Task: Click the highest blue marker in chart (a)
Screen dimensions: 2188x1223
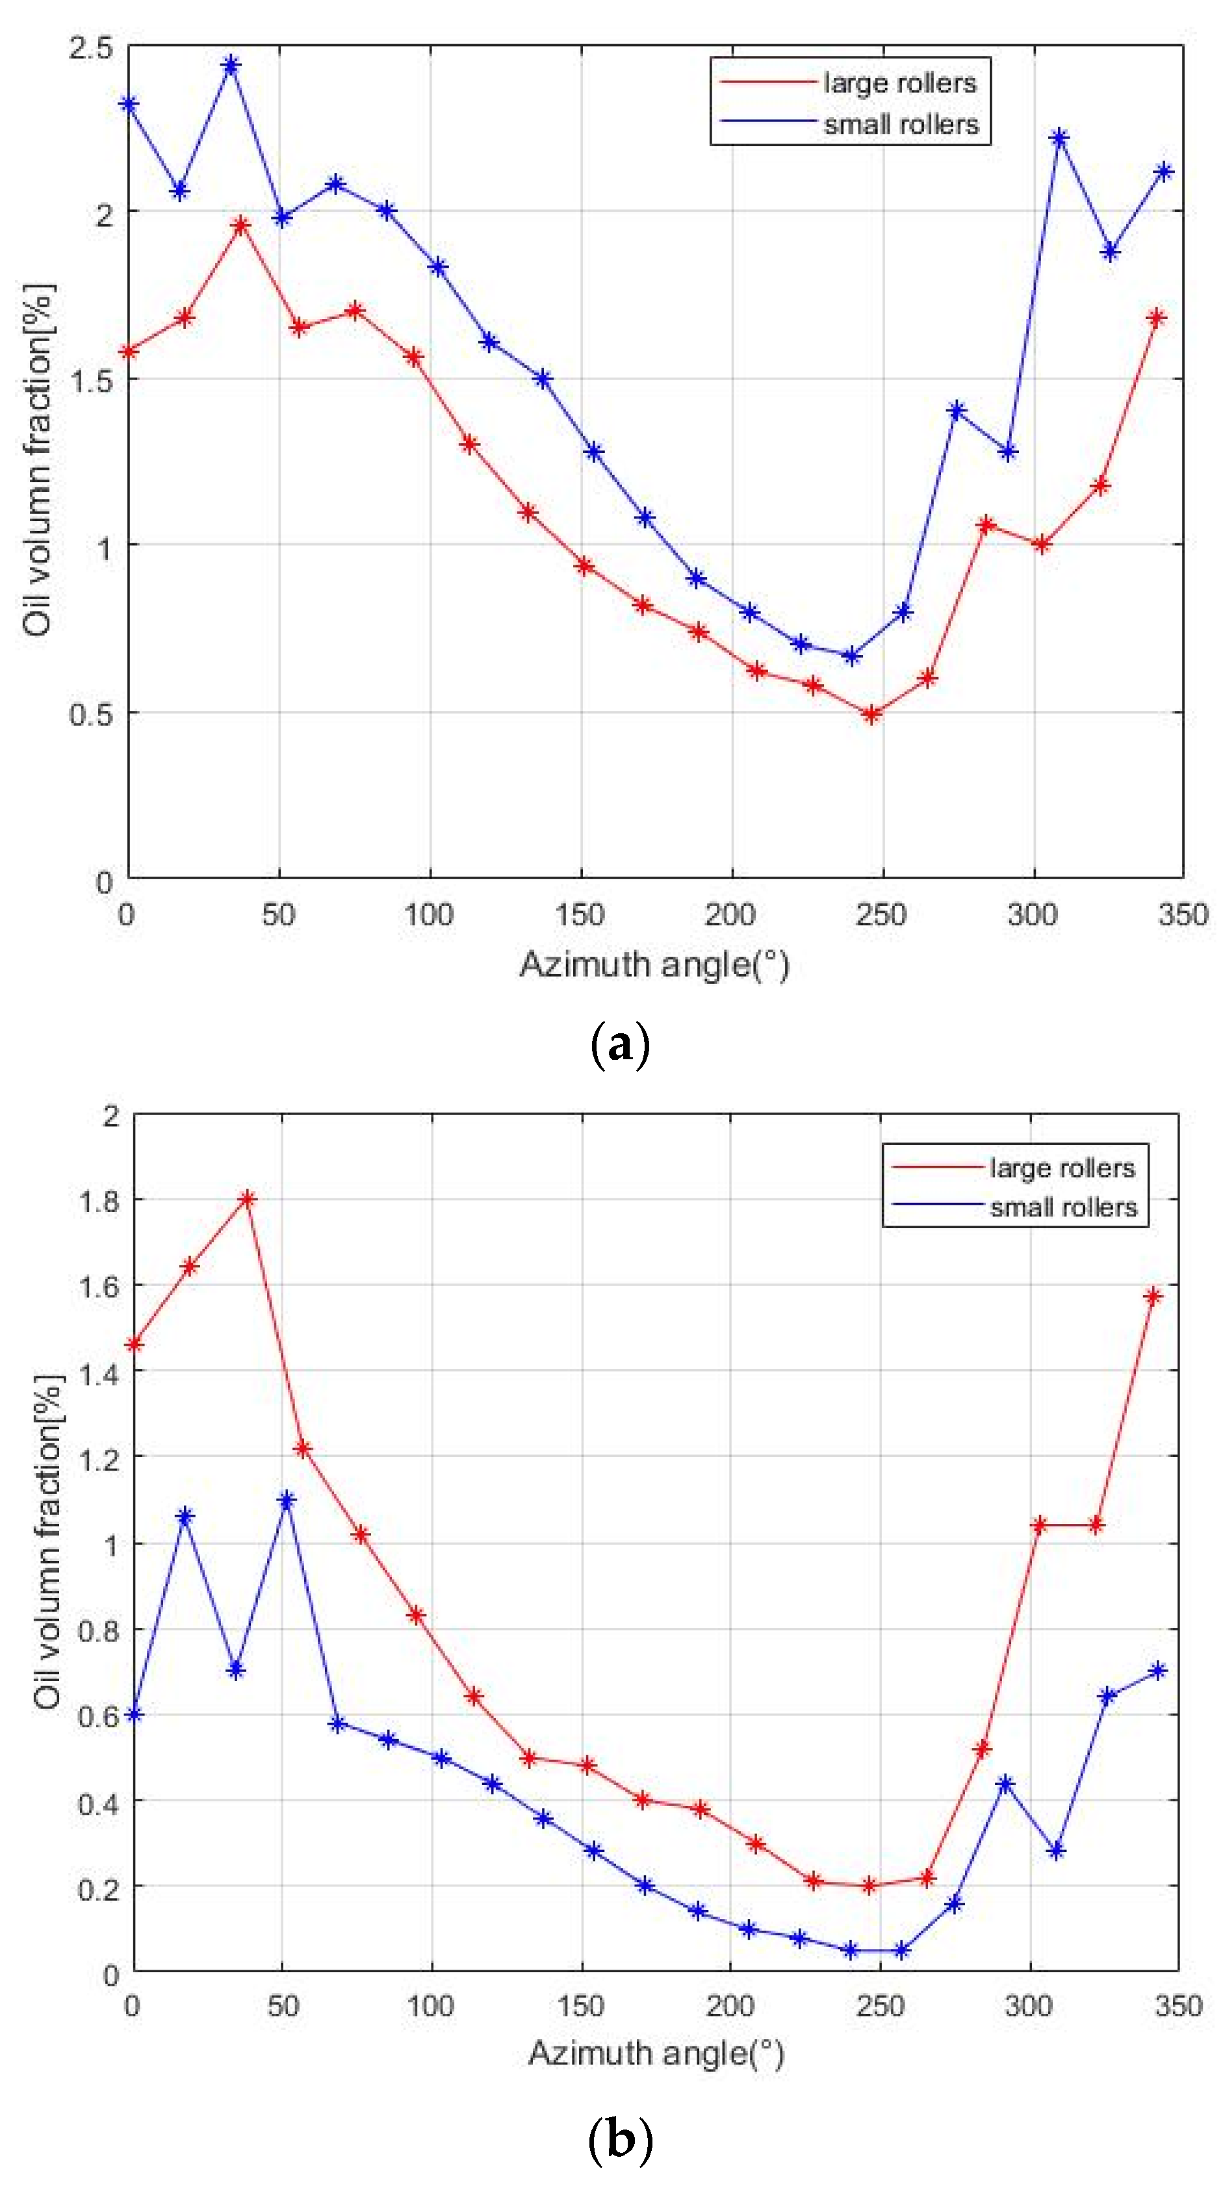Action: pos(230,66)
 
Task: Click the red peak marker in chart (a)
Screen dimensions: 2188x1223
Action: pos(241,225)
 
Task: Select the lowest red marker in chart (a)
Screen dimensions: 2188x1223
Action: pos(871,714)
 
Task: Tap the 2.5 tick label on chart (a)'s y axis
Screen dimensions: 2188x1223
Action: pos(91,47)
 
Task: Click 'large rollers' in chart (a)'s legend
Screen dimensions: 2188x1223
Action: pos(899,83)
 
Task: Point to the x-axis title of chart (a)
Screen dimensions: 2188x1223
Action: pos(654,964)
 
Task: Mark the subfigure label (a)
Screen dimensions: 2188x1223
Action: pos(619,1045)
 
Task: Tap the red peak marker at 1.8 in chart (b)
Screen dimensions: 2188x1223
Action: pos(247,1198)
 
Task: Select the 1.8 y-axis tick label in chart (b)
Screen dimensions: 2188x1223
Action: pos(99,1200)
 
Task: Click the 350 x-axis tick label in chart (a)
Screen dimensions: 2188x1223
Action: pos(1181,915)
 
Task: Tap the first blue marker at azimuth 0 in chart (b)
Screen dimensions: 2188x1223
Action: pos(133,1714)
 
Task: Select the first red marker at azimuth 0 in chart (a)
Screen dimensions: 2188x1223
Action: pos(129,351)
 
